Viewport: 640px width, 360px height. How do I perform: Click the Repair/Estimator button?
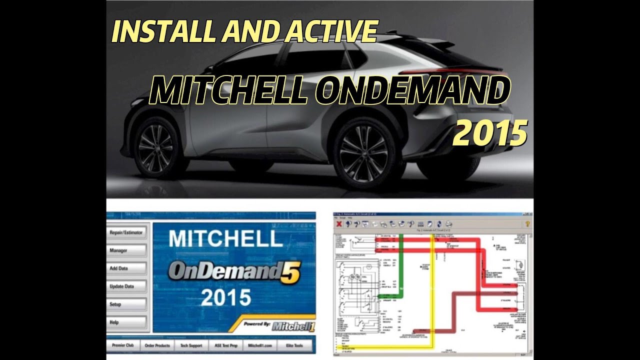coord(126,232)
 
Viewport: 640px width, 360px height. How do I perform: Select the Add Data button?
coord(126,268)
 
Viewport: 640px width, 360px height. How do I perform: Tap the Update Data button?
coord(126,286)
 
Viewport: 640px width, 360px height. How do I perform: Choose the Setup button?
coord(126,304)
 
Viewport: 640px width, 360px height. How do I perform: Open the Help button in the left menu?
coord(126,322)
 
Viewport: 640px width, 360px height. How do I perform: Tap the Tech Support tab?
coord(190,345)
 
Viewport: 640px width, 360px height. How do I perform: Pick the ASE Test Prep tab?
coord(225,345)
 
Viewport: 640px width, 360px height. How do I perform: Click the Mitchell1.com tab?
coord(259,345)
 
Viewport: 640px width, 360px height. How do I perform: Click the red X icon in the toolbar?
coord(338,224)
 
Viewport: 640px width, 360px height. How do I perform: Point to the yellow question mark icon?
coord(527,224)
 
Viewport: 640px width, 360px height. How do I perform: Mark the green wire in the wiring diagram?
coord(400,265)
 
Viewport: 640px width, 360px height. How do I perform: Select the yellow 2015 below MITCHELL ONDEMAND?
coord(490,133)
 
